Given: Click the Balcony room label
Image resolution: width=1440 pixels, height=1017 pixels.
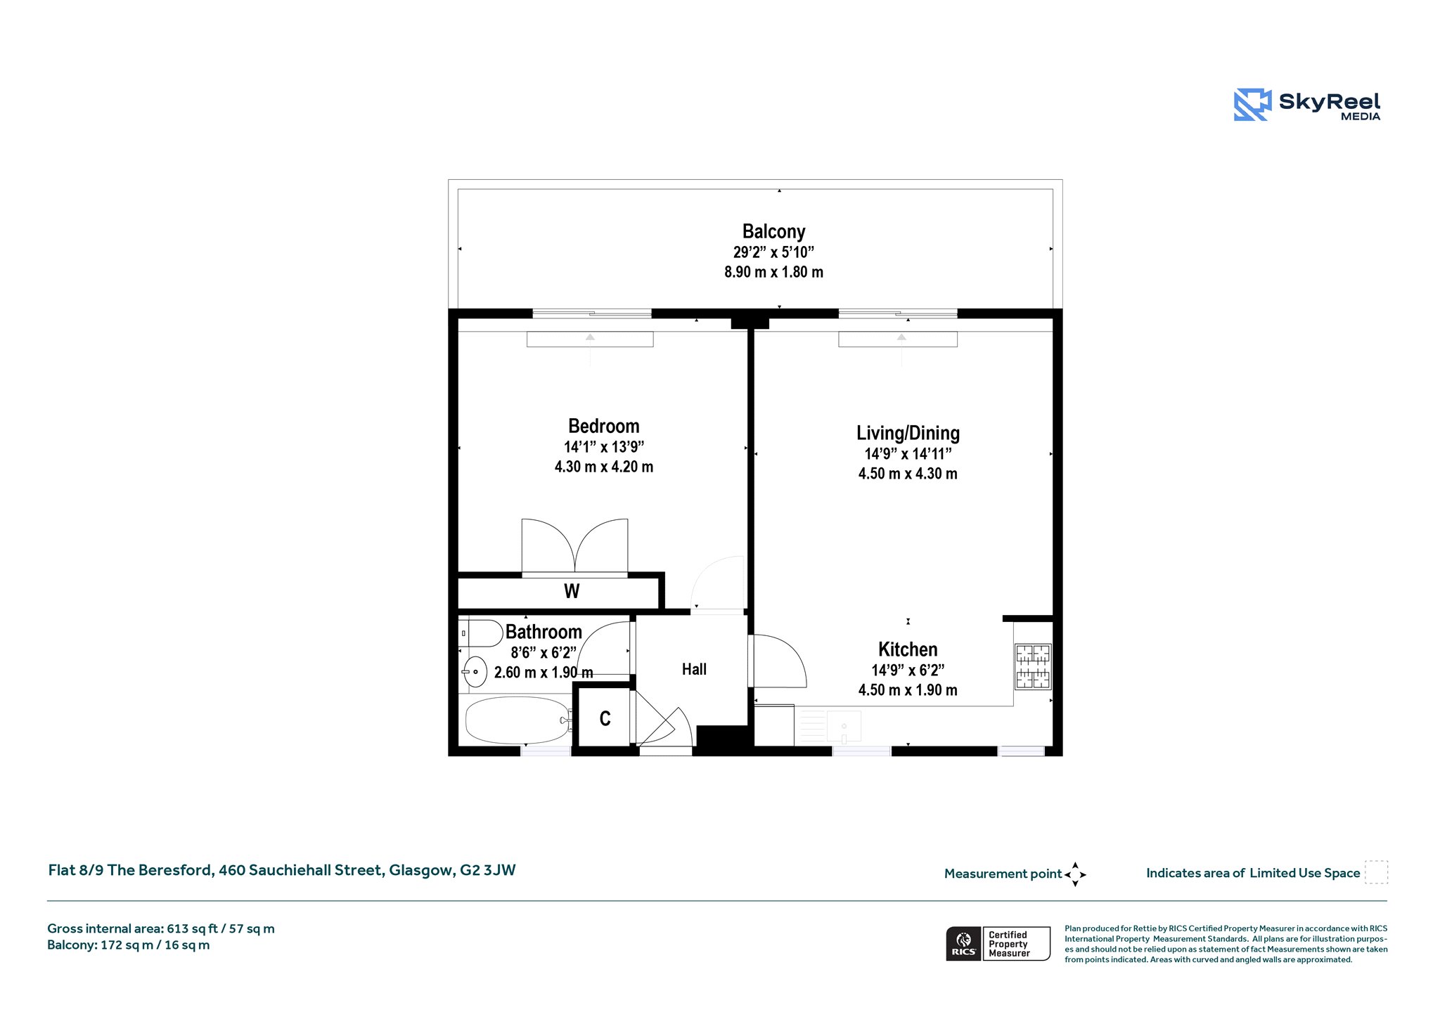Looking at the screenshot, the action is pos(773,231).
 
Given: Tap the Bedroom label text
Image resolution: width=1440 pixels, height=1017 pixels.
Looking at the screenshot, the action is pos(604,426).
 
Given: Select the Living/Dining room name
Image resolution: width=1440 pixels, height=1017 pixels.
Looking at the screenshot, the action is pos(908,433).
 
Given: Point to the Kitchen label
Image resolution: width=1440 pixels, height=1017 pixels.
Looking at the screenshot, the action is pos(908,649).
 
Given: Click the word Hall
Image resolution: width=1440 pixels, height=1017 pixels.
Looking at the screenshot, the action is pos(694,669).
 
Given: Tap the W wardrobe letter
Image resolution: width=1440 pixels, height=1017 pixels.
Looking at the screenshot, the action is pos(572,591).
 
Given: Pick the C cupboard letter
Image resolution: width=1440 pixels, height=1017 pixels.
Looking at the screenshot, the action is pos(605,718).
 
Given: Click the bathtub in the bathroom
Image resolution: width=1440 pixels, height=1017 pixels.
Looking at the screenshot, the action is pos(517,720).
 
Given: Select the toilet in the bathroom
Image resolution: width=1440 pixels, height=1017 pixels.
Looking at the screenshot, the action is pos(480,633).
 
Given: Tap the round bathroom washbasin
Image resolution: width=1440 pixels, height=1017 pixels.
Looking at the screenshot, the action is pos(475,672).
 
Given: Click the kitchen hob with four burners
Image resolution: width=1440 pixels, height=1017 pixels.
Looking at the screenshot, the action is pos(1033,666).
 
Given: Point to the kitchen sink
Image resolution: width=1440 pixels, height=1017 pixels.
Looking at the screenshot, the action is pos(844,726).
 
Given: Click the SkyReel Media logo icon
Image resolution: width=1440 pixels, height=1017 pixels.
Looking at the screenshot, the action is pos(1252,105).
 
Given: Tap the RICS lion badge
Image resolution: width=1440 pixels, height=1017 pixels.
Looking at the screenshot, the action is pos(964,943).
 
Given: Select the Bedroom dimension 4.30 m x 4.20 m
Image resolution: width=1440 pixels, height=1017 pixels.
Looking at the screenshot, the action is pos(604,467).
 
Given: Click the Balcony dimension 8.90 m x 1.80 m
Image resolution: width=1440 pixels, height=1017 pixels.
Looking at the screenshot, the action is pos(773,272).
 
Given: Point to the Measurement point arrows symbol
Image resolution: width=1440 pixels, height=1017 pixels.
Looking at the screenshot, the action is pos(1075,874).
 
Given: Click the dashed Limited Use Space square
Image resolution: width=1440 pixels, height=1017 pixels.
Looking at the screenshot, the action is pos(1376,872).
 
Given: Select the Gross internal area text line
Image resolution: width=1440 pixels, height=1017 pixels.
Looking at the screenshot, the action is pos(161,928).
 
